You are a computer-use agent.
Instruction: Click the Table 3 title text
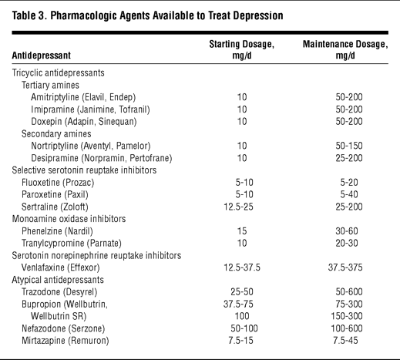pos(147,15)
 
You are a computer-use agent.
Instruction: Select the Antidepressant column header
pos(41,56)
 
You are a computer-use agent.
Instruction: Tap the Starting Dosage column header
pos(242,49)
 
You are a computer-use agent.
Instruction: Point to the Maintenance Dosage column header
pos(345,49)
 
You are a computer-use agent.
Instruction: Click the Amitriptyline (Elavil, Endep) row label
pos(83,97)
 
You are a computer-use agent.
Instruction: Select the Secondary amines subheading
pos(56,134)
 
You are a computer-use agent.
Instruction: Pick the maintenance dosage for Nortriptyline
pos(349,146)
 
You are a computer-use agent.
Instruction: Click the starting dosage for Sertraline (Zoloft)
pos(238,207)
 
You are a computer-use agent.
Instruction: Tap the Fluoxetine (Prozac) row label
pos(58,183)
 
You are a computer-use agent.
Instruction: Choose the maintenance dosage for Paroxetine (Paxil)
pos(349,194)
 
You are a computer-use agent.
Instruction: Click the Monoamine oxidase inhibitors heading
pos(69,219)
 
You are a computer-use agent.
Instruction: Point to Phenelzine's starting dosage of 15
pos(242,231)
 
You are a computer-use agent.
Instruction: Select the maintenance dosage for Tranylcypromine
pos(347,244)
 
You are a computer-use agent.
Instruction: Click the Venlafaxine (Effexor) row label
pos(61,267)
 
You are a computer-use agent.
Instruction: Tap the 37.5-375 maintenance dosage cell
pos(345,267)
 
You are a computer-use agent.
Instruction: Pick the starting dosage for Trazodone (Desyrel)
pos(242,292)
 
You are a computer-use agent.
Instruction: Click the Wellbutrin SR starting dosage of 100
pos(242,316)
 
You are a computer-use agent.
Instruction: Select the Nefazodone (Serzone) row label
pos(63,328)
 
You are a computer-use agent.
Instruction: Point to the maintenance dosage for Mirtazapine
pos(345,341)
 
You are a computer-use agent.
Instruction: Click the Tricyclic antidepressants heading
pos(58,73)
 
